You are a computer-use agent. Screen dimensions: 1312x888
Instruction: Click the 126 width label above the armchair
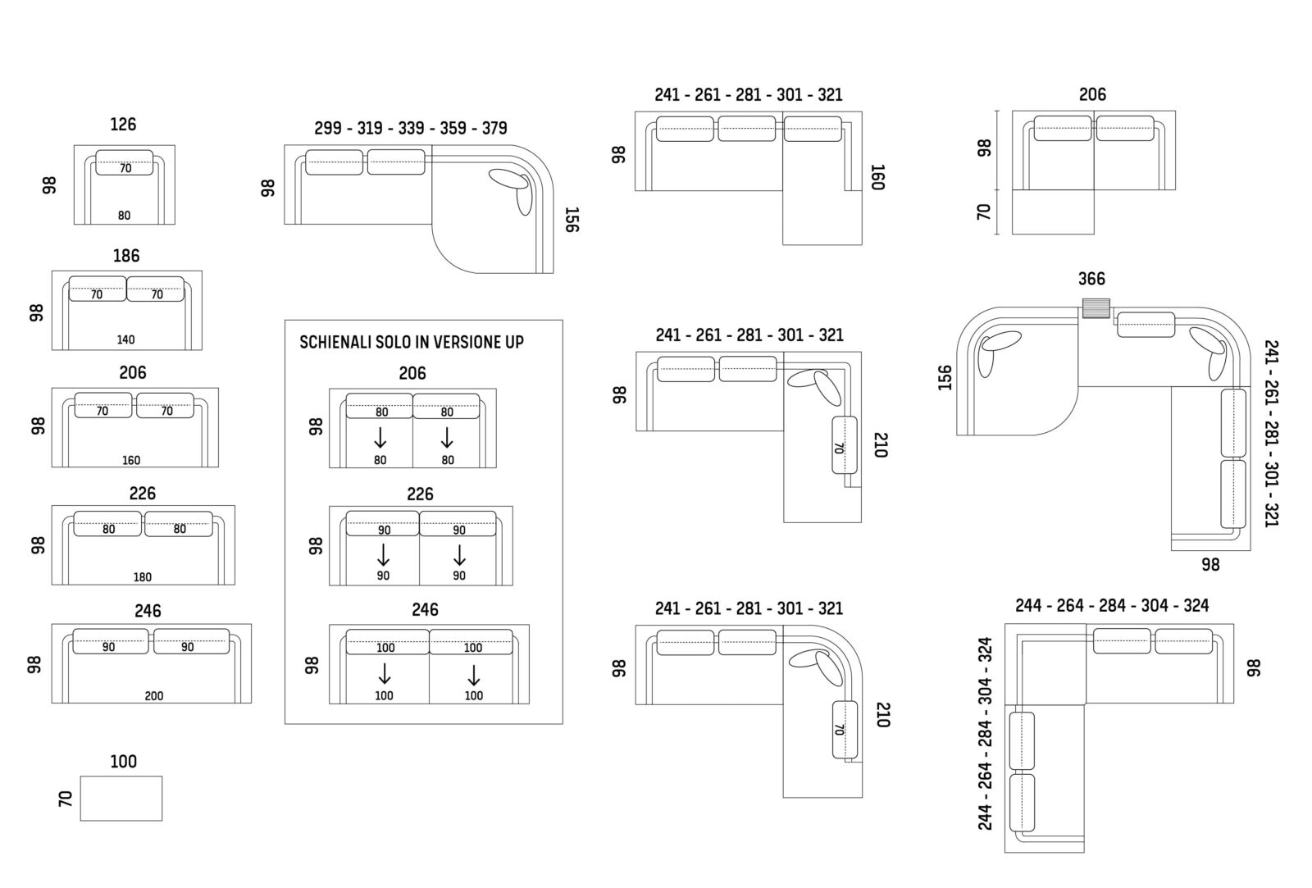pyautogui.click(x=123, y=125)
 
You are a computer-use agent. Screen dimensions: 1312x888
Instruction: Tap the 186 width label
pyautogui.click(x=126, y=256)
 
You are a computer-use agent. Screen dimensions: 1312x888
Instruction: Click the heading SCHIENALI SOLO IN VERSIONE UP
pyautogui.click(x=412, y=342)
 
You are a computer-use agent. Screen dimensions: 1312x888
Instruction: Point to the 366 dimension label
pyautogui.click(x=1091, y=279)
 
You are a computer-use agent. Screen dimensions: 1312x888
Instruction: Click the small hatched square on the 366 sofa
pyautogui.click(x=1096, y=308)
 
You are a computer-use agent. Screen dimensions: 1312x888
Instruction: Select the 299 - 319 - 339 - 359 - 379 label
pyautogui.click(x=411, y=128)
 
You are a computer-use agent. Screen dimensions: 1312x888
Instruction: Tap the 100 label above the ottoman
pyautogui.click(x=124, y=762)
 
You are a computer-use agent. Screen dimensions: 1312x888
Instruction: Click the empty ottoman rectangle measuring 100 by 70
pyautogui.click(x=121, y=799)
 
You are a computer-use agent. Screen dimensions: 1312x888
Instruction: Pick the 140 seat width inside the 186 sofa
pyautogui.click(x=126, y=339)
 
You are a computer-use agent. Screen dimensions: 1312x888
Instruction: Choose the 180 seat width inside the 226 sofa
pyautogui.click(x=143, y=577)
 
